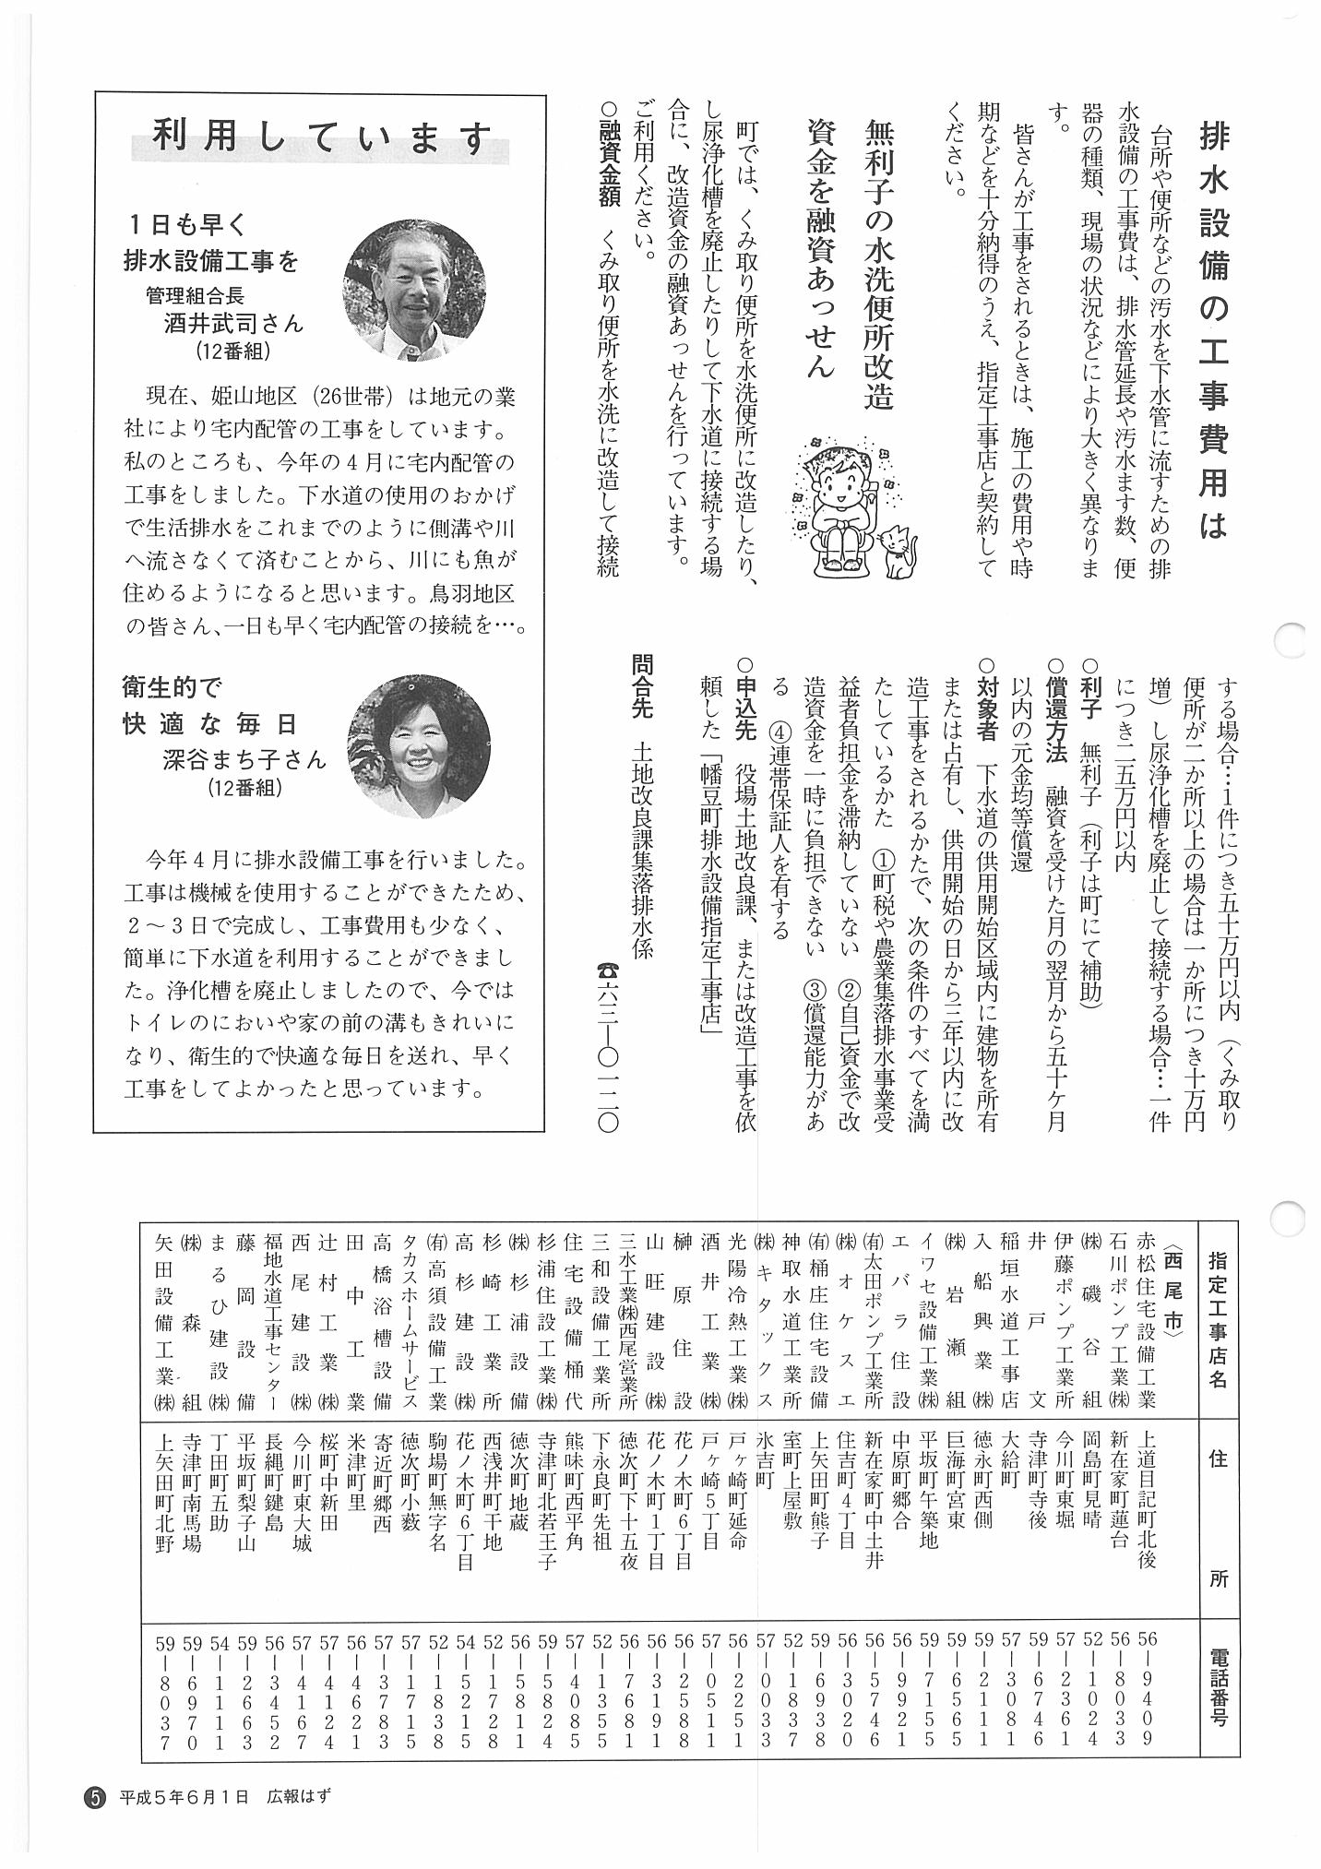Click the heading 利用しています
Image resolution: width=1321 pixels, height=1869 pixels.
coord(322,140)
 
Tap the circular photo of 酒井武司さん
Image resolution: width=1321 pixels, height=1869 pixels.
coord(412,290)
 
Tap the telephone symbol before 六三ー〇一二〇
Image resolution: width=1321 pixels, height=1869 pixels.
coord(608,970)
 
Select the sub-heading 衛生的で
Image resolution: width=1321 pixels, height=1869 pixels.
coord(173,686)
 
